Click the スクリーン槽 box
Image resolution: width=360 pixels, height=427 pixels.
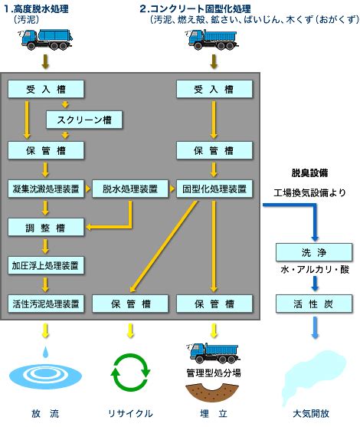coord(84,120)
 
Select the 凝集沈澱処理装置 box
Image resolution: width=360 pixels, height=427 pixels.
coord(46,189)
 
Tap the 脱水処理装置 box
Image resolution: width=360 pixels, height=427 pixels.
coord(130,189)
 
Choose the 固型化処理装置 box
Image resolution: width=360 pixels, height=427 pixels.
coord(214,189)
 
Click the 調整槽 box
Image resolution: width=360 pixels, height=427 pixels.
coord(46,227)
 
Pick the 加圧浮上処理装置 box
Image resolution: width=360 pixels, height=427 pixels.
coord(46,265)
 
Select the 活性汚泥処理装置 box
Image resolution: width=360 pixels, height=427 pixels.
coord(46,304)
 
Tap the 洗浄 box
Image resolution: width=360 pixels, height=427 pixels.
coord(314,252)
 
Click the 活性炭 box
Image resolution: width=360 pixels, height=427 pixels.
coord(314,304)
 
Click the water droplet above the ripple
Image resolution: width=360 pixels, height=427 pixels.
coord(46,352)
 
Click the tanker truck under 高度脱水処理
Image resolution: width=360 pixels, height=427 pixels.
coord(47,39)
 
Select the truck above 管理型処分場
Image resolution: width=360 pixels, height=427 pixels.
coord(213,353)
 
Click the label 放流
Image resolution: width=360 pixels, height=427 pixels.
coord(45,414)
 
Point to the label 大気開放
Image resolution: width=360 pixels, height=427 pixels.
coord(311,414)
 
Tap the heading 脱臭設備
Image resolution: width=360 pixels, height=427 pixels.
coord(309,173)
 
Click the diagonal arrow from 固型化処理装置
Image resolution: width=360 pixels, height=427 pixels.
coord(164,246)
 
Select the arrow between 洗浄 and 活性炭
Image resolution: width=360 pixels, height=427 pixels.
coord(315,284)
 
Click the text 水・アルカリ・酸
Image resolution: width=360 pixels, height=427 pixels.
coord(315,270)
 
